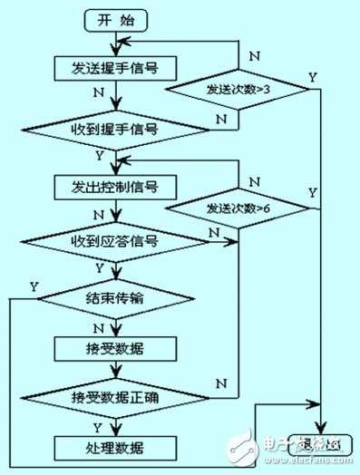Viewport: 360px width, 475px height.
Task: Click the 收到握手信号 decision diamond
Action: click(114, 130)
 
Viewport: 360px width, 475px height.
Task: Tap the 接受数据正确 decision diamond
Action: click(114, 397)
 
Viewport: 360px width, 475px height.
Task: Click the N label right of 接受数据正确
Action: click(221, 384)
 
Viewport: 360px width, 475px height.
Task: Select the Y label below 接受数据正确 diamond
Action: click(99, 426)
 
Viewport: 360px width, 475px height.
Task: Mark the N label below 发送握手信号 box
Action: click(99, 92)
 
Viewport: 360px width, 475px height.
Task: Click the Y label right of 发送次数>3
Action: click(314, 78)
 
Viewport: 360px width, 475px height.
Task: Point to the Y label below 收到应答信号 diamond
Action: click(99, 268)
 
